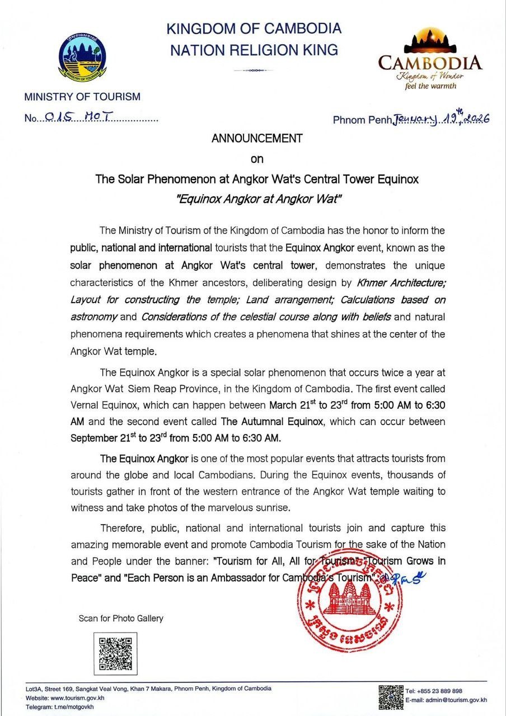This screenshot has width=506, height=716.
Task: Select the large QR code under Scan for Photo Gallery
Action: [115, 653]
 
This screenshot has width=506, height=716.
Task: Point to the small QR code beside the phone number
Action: [391, 696]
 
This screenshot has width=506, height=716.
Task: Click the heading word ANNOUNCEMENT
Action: [257, 138]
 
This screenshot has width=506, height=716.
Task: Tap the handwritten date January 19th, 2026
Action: [442, 119]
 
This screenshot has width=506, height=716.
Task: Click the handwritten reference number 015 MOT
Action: [78, 117]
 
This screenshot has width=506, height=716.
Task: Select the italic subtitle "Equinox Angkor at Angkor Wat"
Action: [257, 199]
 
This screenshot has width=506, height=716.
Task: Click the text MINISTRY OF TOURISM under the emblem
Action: [82, 97]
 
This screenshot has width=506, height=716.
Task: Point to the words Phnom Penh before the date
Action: [363, 120]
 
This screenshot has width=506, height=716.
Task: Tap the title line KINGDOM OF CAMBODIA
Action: [254, 29]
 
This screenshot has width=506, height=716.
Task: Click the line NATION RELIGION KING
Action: [254, 50]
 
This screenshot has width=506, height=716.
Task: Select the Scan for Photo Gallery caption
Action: [121, 618]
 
